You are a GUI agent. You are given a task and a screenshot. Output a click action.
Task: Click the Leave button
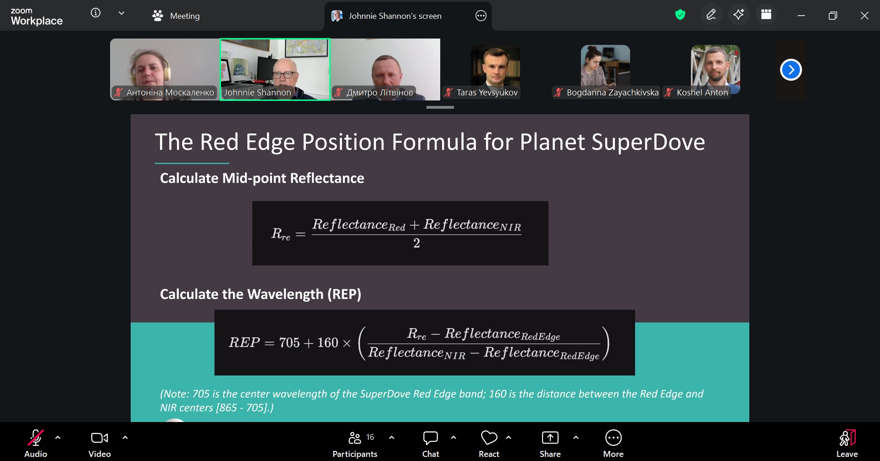click(x=847, y=443)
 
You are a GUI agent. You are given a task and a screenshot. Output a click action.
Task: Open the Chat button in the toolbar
click(x=431, y=443)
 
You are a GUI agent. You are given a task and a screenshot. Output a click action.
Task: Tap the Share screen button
click(x=550, y=443)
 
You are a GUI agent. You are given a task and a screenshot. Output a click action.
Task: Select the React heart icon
click(x=489, y=438)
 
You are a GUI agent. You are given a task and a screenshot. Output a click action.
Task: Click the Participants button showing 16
click(x=355, y=443)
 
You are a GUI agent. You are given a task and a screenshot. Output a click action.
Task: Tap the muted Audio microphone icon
click(x=36, y=438)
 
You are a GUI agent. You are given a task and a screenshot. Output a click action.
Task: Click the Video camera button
click(x=100, y=443)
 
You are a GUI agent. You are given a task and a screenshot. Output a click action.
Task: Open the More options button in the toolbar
click(x=613, y=443)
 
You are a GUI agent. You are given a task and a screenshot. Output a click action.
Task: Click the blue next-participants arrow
click(x=791, y=70)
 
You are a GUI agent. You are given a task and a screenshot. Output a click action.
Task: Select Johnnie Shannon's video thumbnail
click(x=275, y=69)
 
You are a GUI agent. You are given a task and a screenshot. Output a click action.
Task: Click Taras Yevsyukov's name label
click(x=487, y=93)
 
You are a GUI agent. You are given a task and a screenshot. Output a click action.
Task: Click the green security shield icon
click(x=680, y=15)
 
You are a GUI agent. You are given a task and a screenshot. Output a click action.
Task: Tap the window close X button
click(x=864, y=16)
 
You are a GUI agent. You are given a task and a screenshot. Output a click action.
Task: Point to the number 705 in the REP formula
click(x=289, y=343)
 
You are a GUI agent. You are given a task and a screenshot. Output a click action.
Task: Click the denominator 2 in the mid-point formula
click(x=416, y=243)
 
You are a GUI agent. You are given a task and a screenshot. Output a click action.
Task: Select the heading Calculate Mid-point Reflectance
click(x=262, y=178)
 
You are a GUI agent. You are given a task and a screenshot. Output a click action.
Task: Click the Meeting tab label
click(x=185, y=16)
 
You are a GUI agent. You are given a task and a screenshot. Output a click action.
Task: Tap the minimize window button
click(x=801, y=16)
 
